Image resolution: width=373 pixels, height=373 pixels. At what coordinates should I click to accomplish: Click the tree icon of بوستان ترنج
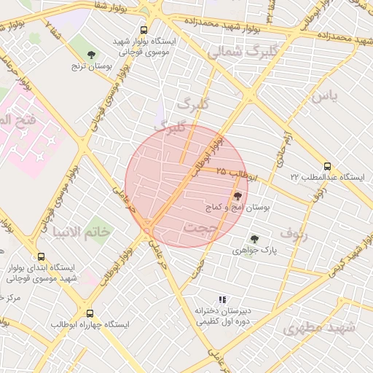coord(91,55)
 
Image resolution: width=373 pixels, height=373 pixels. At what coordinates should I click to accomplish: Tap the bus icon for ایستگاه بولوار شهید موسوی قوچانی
coord(144,31)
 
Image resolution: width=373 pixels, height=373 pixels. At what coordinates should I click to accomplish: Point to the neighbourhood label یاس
coord(324,96)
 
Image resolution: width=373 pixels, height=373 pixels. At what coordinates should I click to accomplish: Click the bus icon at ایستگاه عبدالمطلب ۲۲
coord(327,166)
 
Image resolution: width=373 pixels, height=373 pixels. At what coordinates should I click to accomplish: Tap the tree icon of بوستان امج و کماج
coord(237,195)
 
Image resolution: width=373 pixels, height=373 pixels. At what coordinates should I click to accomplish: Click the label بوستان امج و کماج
coord(238,208)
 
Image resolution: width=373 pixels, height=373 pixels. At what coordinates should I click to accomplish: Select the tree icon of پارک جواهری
coord(254,238)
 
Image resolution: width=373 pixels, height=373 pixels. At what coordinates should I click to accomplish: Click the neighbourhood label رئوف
coord(294,233)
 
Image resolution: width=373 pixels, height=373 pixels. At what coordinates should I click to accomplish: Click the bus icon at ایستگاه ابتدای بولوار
coord(40,257)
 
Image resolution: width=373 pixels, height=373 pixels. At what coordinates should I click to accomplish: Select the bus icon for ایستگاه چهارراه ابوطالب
coord(90,313)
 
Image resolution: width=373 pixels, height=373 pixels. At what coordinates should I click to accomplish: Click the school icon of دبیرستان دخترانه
coord(223,299)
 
